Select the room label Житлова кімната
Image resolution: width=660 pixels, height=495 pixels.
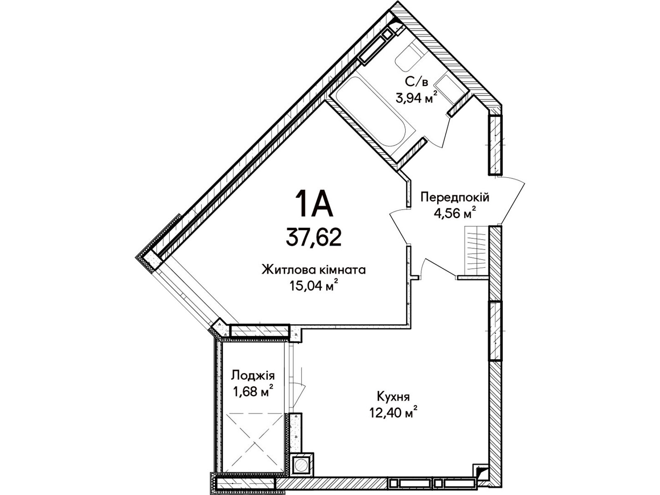313,270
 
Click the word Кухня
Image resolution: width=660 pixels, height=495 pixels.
394,397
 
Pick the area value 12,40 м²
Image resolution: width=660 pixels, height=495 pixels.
393,412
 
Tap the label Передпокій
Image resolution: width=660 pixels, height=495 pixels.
455,197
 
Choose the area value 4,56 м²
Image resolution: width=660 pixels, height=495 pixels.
455,213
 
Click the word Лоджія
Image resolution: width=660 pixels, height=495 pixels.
252,376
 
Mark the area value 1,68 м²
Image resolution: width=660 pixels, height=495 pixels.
253,391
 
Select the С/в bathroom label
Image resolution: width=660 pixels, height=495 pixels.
417,81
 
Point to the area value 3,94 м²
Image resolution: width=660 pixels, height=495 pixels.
417,97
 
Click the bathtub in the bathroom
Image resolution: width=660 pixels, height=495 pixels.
372,111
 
